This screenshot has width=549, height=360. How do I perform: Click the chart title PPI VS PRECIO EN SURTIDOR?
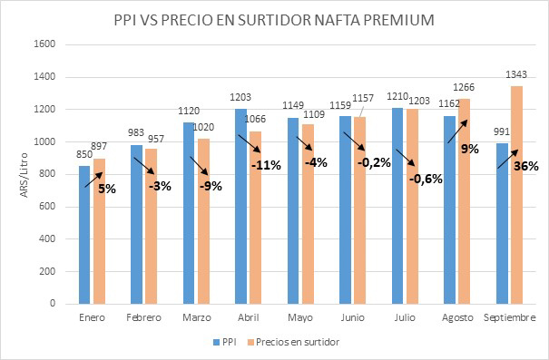[274, 19]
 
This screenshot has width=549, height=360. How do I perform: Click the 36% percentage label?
[526, 166]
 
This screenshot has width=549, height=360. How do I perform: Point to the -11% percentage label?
[267, 165]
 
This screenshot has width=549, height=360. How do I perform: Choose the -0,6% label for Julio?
[425, 179]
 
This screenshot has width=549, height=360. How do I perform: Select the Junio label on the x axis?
[353, 317]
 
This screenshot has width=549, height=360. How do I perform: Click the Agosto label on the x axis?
[458, 317]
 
